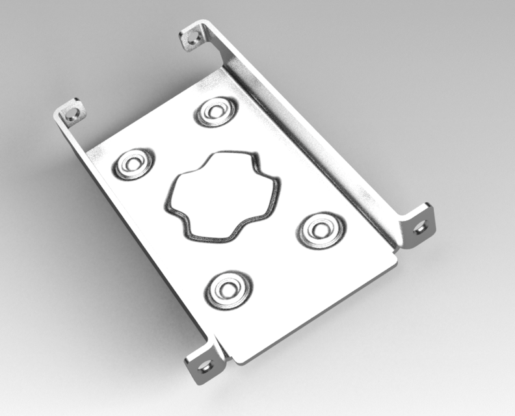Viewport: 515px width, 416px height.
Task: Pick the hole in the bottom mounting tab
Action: click(206, 365)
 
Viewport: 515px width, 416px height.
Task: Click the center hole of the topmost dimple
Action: click(213, 111)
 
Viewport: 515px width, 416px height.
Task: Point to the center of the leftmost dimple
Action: click(133, 163)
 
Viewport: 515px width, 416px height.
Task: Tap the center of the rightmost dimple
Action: click(319, 228)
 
